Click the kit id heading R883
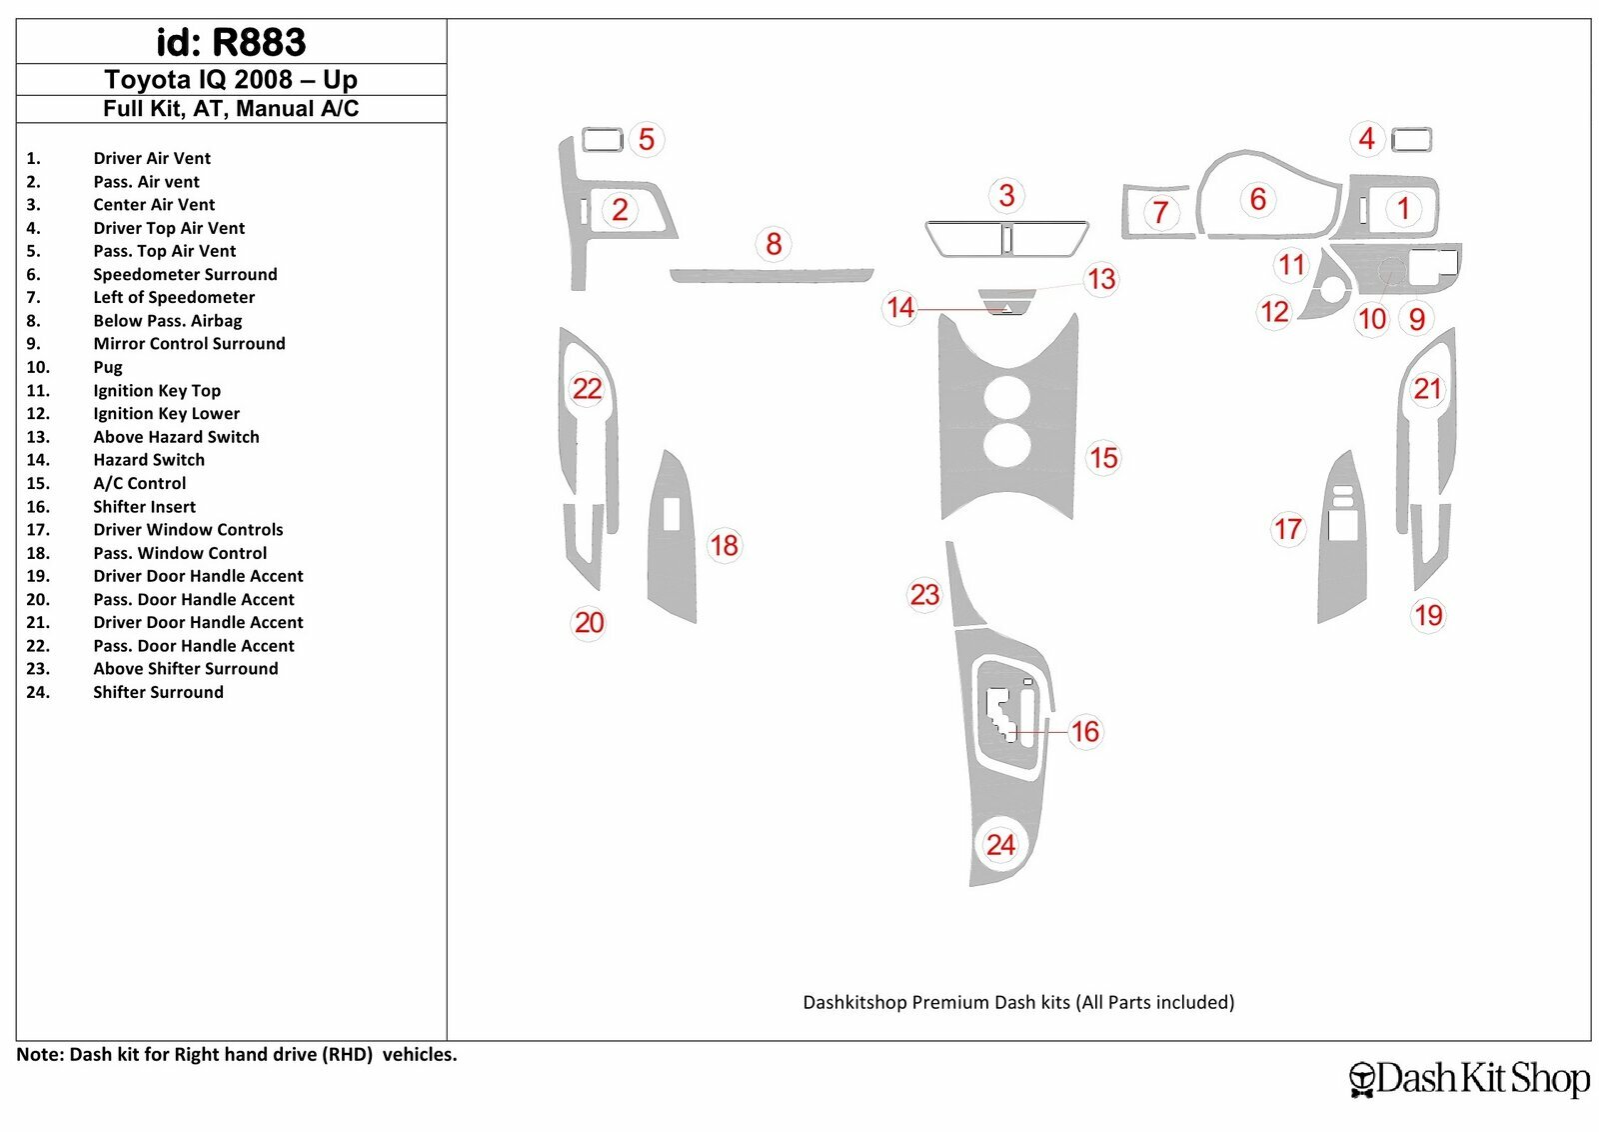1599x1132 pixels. pos(231,42)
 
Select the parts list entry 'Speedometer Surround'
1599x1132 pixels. pos(185,274)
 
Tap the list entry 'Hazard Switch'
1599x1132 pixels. pos(149,460)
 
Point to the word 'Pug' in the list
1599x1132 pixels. pos(108,368)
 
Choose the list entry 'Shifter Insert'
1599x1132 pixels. pos(144,506)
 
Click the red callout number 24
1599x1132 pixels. pos(1000,845)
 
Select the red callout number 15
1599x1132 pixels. pos(1103,458)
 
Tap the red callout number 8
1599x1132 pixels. pos(774,244)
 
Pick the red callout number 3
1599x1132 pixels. pos(1006,195)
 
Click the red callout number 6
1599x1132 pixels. pos(1258,199)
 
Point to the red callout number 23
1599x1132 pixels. pos(925,594)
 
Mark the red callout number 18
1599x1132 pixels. pos(724,546)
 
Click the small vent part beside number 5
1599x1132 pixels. pos(603,140)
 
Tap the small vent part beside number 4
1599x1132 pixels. pos(1411,140)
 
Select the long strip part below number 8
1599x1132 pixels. pos(772,276)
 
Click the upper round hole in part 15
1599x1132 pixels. pos(1006,396)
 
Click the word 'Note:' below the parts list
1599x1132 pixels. pos(40,1054)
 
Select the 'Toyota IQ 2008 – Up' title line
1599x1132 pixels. pos(231,79)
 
